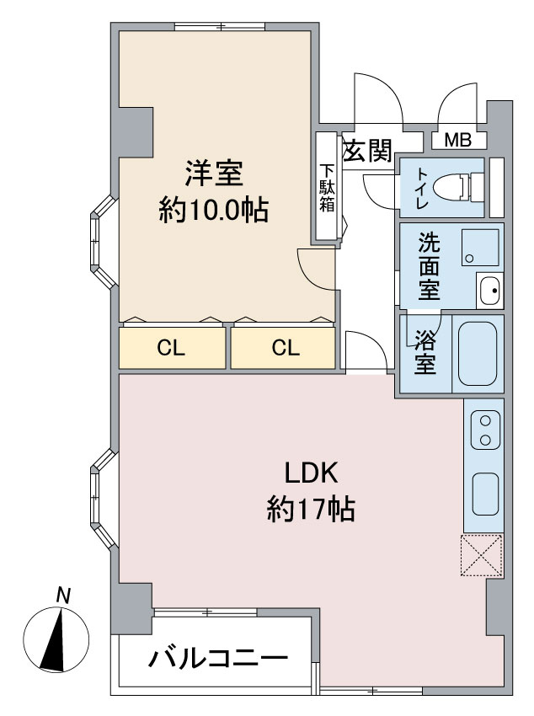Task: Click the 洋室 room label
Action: tap(214, 174)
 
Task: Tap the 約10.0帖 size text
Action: tap(214, 211)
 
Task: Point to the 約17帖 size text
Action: tap(310, 510)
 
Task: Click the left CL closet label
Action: tap(172, 348)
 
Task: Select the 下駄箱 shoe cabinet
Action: tap(327, 189)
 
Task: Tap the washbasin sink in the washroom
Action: tap(489, 291)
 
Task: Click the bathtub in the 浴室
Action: tap(478, 352)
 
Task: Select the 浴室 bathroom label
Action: tap(426, 354)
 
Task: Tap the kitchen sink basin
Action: tap(484, 494)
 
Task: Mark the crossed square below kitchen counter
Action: tap(482, 556)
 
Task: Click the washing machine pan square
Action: tap(480, 246)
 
